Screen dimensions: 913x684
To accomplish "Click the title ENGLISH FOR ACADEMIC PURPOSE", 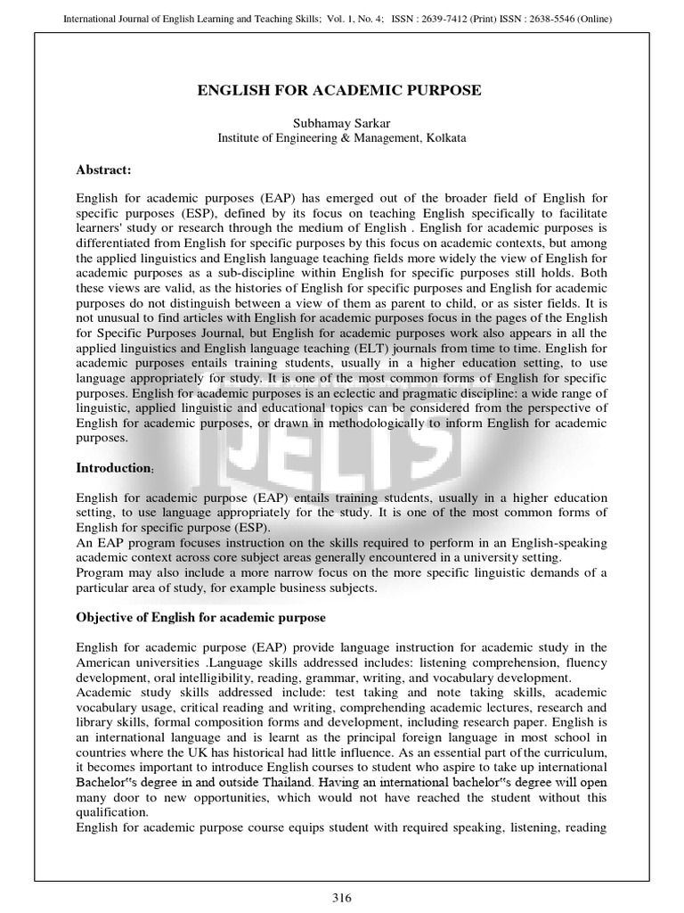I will tap(342, 91).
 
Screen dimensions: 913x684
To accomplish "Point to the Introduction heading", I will tap(112, 468).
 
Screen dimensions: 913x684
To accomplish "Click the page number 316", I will tap(342, 897).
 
